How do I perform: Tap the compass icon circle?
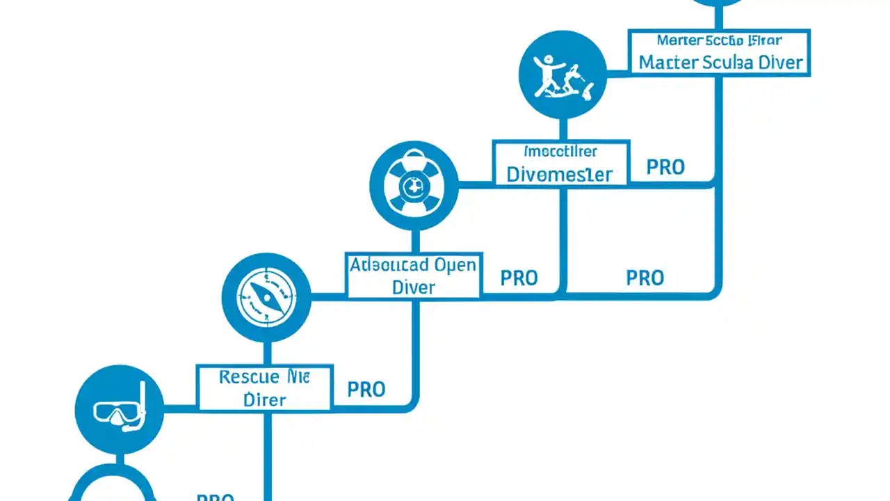(266, 297)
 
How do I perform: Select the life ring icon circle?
(414, 185)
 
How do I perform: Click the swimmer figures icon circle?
(563, 74)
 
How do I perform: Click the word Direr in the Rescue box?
(265, 399)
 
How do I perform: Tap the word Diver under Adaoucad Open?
(414, 287)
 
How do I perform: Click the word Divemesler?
(560, 174)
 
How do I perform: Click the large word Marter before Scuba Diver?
(668, 62)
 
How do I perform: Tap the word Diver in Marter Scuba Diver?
(780, 62)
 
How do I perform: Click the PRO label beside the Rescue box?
(366, 389)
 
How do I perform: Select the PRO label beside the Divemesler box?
(665, 167)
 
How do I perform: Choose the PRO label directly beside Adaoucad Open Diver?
(519, 278)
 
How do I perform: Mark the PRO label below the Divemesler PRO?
(645, 278)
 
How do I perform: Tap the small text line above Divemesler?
(560, 151)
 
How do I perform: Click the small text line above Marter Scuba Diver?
(719, 40)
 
